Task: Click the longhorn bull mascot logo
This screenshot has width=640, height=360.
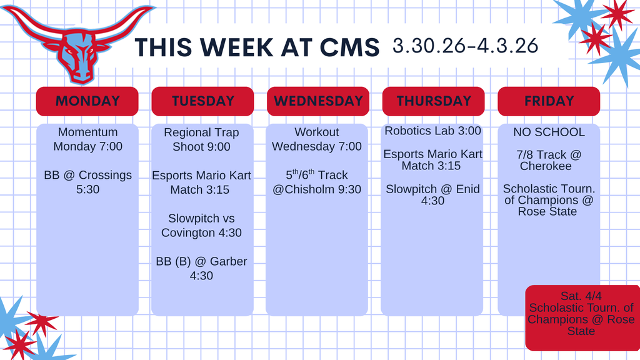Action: tap(78, 47)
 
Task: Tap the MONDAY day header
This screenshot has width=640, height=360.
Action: tap(87, 101)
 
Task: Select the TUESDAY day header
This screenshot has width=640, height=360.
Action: tap(202, 101)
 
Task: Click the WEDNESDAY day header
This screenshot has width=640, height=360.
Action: tap(317, 101)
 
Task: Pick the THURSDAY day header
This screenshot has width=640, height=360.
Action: tap(433, 101)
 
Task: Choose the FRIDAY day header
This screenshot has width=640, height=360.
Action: tap(549, 101)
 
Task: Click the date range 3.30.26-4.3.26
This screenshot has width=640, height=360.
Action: tap(465, 46)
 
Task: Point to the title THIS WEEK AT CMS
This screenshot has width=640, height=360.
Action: tap(257, 47)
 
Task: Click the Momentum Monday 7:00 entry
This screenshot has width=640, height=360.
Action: tap(87, 139)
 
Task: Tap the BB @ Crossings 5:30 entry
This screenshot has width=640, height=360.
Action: tap(87, 182)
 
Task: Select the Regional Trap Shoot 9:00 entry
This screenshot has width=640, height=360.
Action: tap(201, 139)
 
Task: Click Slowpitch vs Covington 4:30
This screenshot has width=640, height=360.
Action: tap(201, 225)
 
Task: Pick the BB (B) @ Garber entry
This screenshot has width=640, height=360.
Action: tap(201, 268)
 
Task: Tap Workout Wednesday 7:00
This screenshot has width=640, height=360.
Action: tap(317, 139)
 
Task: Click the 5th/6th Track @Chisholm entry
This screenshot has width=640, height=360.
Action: tap(317, 182)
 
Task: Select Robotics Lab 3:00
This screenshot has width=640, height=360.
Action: tap(432, 131)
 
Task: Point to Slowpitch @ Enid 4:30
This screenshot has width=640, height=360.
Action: tap(432, 194)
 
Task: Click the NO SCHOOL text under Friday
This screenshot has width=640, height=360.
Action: tap(549, 132)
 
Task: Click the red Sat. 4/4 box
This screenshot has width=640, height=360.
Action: tap(581, 317)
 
